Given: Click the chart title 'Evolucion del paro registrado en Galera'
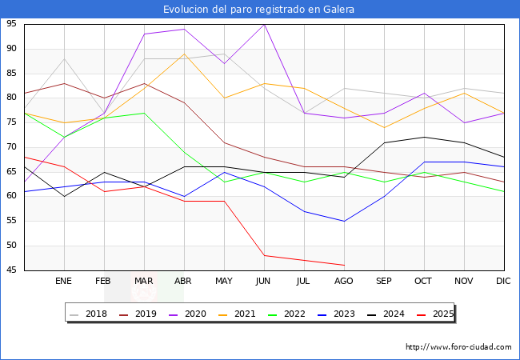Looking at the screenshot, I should [259, 10].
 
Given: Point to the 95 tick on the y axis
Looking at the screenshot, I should [12, 24].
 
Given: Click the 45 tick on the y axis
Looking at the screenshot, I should [12, 270].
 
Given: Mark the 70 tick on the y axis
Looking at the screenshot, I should [12, 147].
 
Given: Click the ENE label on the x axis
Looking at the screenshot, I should [64, 282].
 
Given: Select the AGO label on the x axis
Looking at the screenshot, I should [344, 282].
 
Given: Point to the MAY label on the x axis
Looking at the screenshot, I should [224, 282].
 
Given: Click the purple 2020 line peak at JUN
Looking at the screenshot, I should [264, 24].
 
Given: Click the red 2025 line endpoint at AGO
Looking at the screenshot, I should [344, 265].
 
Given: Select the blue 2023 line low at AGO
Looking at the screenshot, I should [344, 221].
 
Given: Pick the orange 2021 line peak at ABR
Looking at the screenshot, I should [184, 54].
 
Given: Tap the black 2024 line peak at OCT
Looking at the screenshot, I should [424, 137].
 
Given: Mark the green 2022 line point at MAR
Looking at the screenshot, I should [144, 113].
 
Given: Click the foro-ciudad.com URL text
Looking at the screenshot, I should [458, 347].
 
